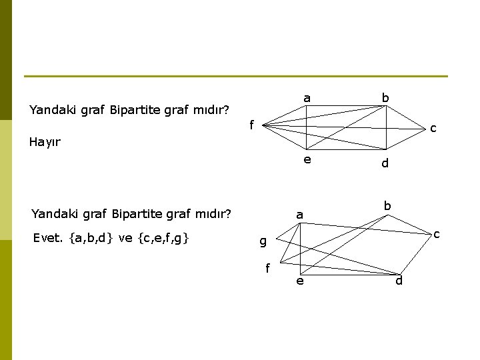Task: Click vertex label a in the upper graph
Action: pos(307,99)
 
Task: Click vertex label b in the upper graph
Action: pos(385,98)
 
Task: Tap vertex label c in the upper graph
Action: pos(433,127)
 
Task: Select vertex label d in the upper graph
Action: pos(385,163)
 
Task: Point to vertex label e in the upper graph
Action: pos(307,159)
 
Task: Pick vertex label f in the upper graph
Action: pos(251,124)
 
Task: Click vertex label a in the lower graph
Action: pos(300,215)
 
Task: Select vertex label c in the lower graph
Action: pos(437,234)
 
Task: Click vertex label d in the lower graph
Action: pos(399,281)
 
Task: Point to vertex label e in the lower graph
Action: pos(300,282)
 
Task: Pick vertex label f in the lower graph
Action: pos(267,269)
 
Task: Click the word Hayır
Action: pos(45,142)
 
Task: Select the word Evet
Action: pos(47,237)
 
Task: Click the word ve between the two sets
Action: pos(125,237)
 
